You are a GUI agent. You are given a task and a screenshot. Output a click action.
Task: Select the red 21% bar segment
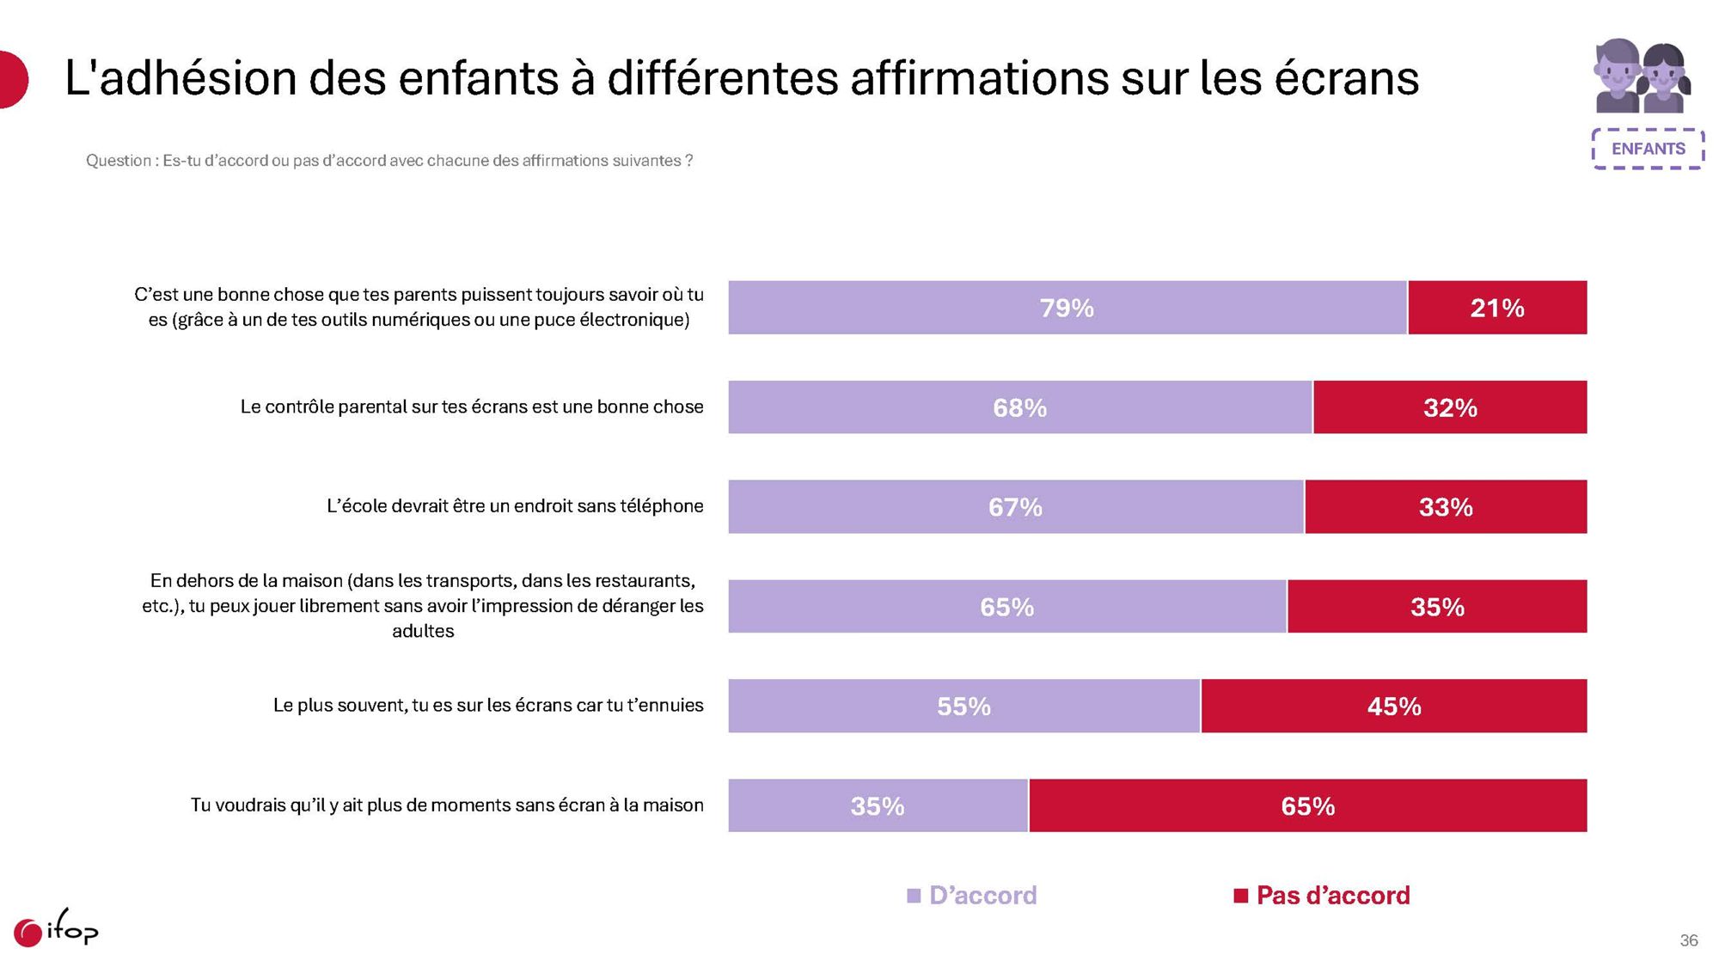[x=1497, y=308]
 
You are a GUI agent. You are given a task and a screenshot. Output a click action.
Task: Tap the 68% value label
[x=1019, y=407]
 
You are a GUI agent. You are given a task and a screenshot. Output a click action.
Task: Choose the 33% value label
[x=1446, y=507]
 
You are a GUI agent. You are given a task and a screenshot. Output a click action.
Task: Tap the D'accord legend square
[x=914, y=896]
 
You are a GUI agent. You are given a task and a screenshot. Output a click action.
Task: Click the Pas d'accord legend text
[x=1333, y=896]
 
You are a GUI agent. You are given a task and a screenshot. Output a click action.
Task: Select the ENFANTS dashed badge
[x=1648, y=149]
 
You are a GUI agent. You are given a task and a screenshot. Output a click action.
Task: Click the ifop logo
[x=56, y=930]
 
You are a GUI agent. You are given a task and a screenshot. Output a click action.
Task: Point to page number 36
[x=1688, y=940]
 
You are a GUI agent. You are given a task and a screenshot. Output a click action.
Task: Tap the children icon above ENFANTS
[x=1642, y=77]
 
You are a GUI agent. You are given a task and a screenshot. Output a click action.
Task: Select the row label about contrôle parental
[x=472, y=407]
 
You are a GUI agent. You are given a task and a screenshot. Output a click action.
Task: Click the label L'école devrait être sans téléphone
[x=515, y=506]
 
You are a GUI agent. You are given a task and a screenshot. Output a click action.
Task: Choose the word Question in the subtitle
[x=119, y=161]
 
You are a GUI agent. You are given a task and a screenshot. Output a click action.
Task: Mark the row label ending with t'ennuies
[x=488, y=706]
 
